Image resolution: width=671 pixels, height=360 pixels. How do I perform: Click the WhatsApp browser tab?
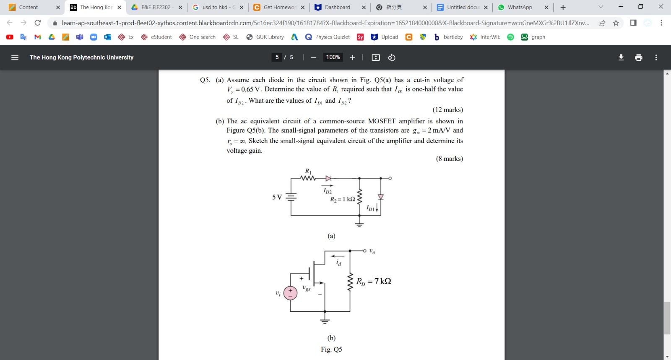pyautogui.click(x=520, y=7)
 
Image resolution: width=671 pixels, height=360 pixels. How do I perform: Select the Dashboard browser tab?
pyautogui.click(x=337, y=7)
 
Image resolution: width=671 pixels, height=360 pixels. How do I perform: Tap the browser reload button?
pyautogui.click(x=38, y=23)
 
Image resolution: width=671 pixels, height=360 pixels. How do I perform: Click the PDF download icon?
pyautogui.click(x=621, y=57)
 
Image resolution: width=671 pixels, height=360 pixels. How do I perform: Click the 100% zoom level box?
pyautogui.click(x=333, y=57)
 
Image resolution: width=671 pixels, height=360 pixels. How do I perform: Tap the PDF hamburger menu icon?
pyautogui.click(x=15, y=57)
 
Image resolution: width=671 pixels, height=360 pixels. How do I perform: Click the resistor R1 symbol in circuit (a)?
pyautogui.click(x=308, y=178)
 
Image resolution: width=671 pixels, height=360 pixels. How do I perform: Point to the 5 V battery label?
pyautogui.click(x=277, y=197)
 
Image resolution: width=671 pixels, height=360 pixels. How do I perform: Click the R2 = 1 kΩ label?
pyautogui.click(x=342, y=199)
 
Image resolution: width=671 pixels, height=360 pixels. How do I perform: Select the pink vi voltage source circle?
pyautogui.click(x=290, y=293)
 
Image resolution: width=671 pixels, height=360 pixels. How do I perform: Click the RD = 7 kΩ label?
pyautogui.click(x=374, y=281)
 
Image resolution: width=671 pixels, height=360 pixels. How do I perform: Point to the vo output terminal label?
pyautogui.click(x=372, y=251)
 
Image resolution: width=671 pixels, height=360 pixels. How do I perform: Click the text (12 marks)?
pyautogui.click(x=447, y=110)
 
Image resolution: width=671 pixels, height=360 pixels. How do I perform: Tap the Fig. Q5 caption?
pyautogui.click(x=331, y=349)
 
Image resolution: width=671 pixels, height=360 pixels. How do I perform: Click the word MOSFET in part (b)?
pyautogui.click(x=382, y=121)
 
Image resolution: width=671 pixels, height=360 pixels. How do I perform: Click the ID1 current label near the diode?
pyautogui.click(x=371, y=208)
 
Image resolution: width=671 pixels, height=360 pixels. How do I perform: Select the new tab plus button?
pyautogui.click(x=563, y=7)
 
